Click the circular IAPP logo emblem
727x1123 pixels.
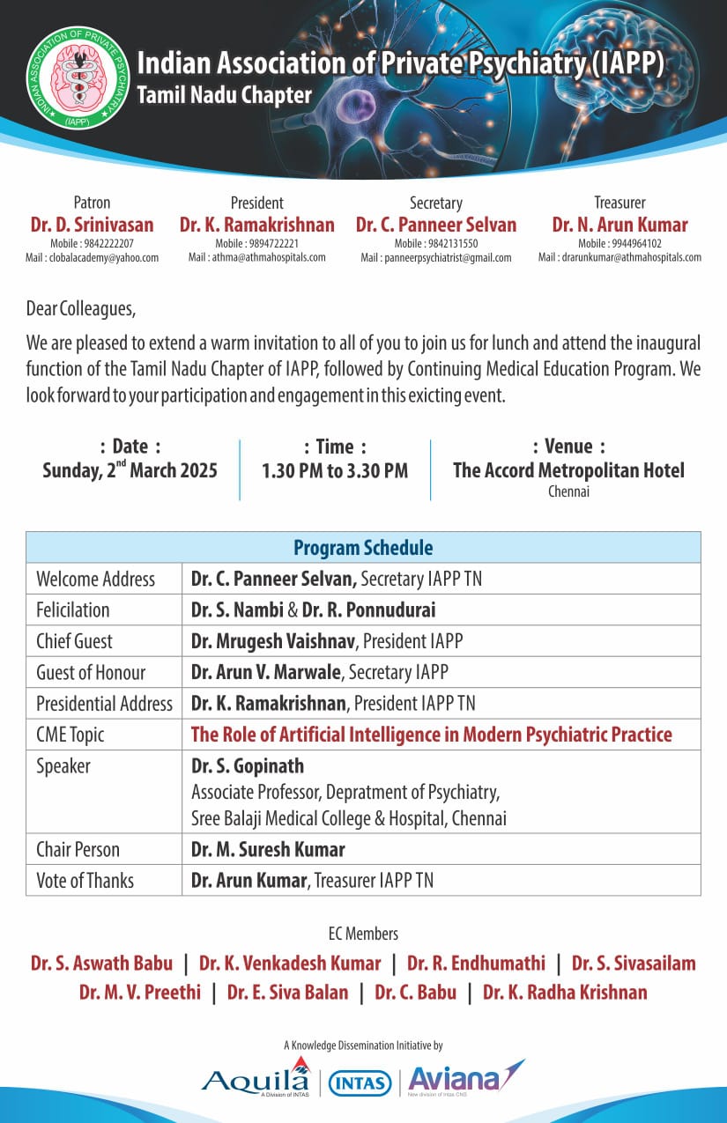pyautogui.click(x=78, y=78)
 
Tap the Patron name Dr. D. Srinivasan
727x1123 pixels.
pyautogui.click(x=92, y=225)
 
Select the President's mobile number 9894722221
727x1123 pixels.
pyautogui.click(x=256, y=243)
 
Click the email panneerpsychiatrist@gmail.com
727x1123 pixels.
pyautogui.click(x=435, y=257)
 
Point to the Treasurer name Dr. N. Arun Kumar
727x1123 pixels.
pyautogui.click(x=619, y=225)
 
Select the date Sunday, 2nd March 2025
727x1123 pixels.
pyautogui.click(x=130, y=470)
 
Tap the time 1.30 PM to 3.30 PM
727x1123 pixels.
pyautogui.click(x=335, y=470)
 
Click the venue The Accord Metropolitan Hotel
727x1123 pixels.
pyautogui.click(x=568, y=470)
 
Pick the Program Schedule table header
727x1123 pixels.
pyautogui.click(x=363, y=548)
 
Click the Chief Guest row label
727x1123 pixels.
pyautogui.click(x=75, y=641)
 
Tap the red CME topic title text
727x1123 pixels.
pyautogui.click(x=432, y=735)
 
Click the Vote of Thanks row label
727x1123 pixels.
pyautogui.click(x=85, y=880)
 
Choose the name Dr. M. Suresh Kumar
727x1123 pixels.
pyautogui.click(x=268, y=849)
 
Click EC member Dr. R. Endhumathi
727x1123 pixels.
pyautogui.click(x=481, y=964)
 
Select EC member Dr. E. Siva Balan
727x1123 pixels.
pyautogui.click(x=287, y=993)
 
